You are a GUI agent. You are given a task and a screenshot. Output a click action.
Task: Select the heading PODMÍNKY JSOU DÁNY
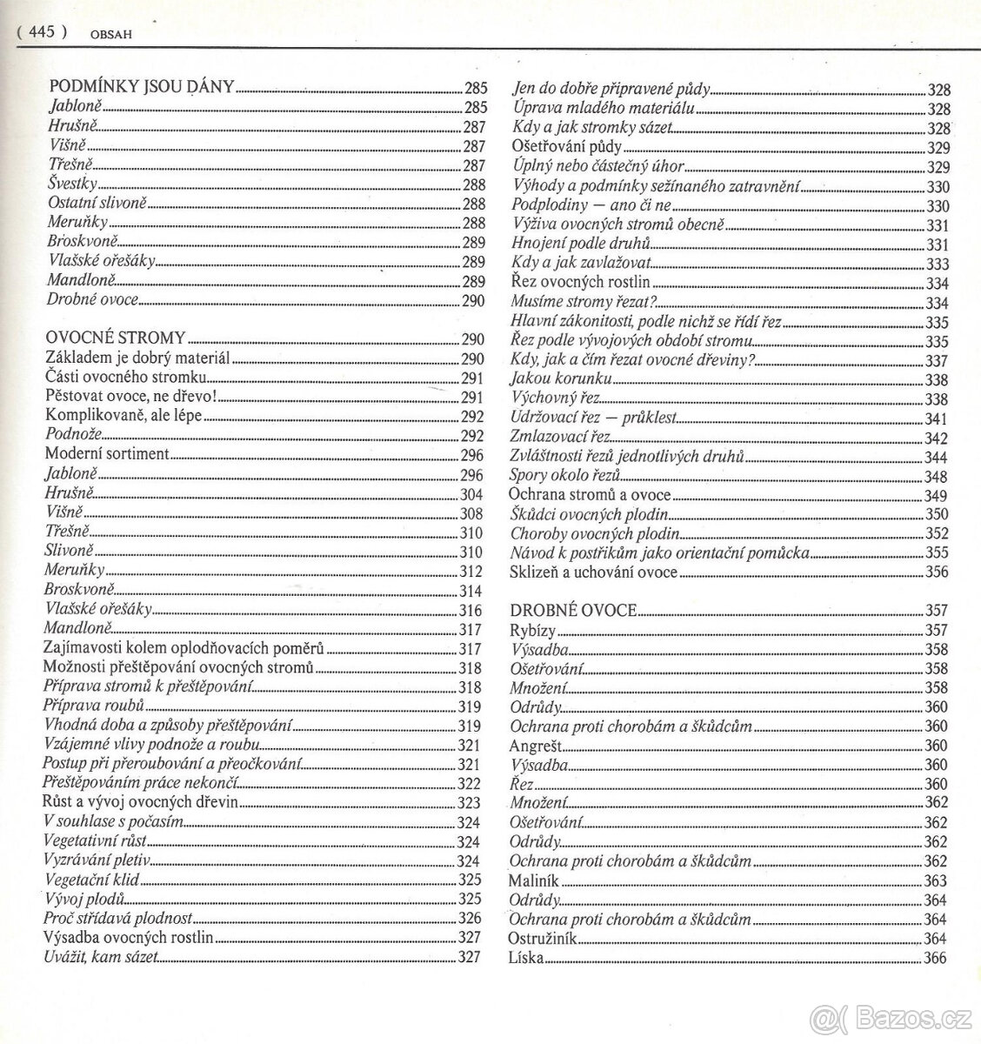click(141, 87)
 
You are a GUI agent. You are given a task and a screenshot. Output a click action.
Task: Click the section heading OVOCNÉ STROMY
click(115, 338)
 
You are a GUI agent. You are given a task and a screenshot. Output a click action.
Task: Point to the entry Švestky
click(73, 184)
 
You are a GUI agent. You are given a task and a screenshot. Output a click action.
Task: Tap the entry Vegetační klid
click(90, 880)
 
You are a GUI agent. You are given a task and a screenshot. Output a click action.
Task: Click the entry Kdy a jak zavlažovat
click(580, 263)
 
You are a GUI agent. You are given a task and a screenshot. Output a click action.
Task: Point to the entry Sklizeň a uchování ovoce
click(593, 572)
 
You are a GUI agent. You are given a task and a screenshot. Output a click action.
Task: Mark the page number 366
click(936, 959)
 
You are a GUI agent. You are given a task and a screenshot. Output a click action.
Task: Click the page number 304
click(470, 494)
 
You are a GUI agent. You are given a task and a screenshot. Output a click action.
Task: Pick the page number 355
click(937, 553)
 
